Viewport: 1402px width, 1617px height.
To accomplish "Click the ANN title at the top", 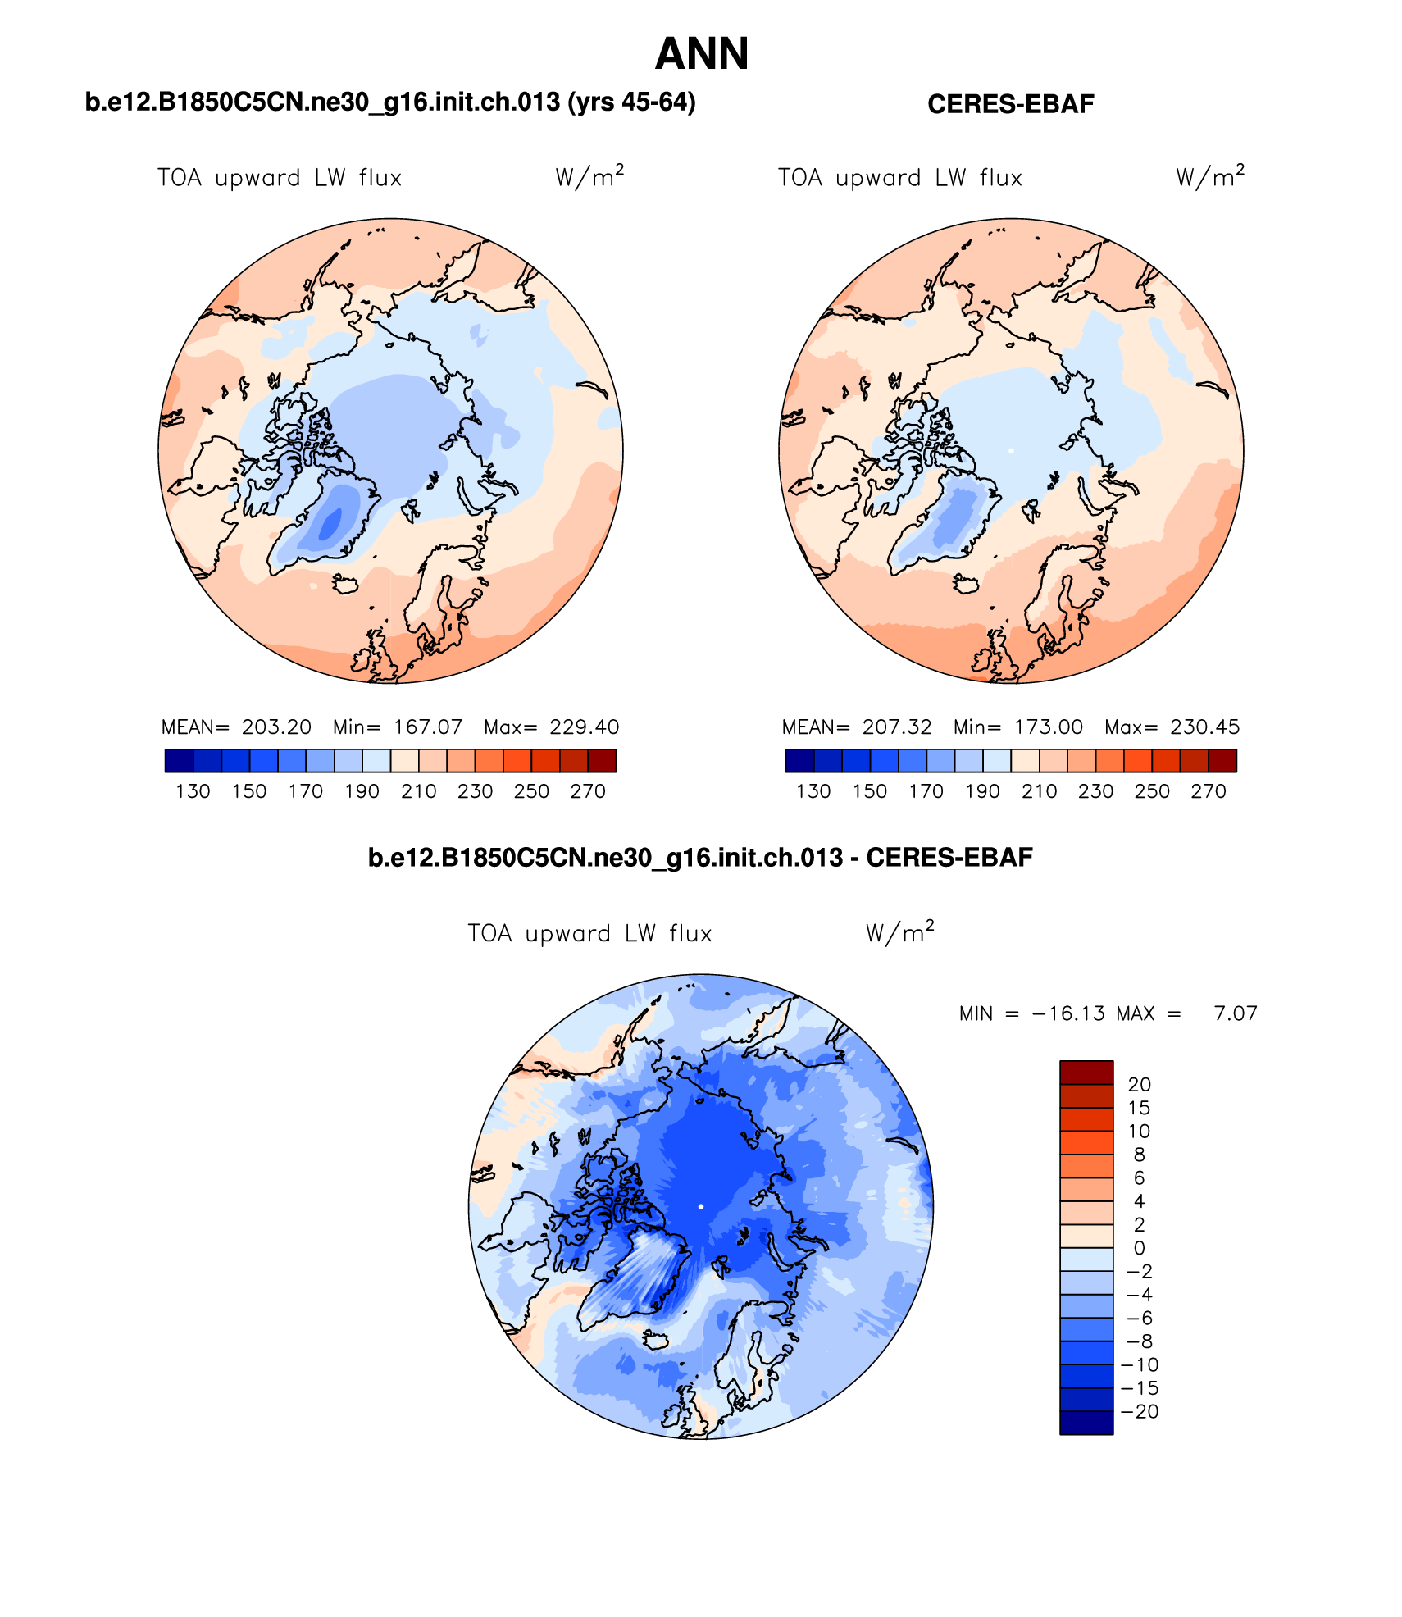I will tap(702, 54).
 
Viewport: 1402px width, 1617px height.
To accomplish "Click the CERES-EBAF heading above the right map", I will tap(1010, 104).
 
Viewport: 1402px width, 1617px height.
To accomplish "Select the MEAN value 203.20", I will tap(276, 727).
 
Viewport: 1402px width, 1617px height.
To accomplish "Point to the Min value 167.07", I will tap(428, 727).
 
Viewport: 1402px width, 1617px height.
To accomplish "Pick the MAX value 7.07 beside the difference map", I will tap(1236, 1013).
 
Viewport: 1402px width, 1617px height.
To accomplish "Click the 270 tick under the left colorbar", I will tap(588, 791).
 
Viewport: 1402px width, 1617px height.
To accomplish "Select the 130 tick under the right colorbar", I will tap(813, 791).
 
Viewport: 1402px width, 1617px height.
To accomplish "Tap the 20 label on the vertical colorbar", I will tap(1139, 1085).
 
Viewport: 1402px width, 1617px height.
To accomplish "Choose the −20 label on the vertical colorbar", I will tap(1140, 1412).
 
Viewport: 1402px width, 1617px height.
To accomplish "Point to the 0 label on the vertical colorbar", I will tap(1139, 1248).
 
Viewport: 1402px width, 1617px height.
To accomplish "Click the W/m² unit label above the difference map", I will tap(899, 933).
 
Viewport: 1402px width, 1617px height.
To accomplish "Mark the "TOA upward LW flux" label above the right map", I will tap(899, 178).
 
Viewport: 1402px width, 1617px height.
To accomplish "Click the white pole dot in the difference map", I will tap(701, 1206).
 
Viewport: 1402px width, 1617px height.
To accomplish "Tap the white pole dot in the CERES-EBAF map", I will tap(1011, 451).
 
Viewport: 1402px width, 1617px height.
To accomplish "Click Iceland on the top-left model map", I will tap(346, 584).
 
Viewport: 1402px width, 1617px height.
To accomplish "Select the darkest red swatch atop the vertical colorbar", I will tap(1086, 1073).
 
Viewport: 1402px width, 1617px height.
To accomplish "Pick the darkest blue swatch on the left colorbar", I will tap(179, 761).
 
